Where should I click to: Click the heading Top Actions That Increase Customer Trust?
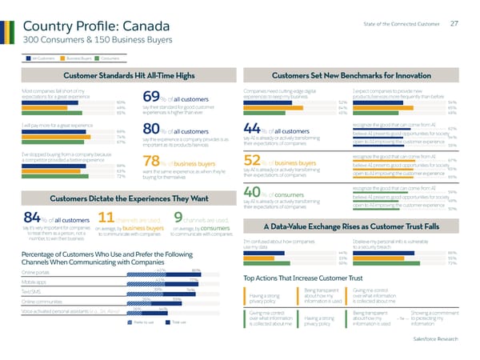(x=317, y=278)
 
